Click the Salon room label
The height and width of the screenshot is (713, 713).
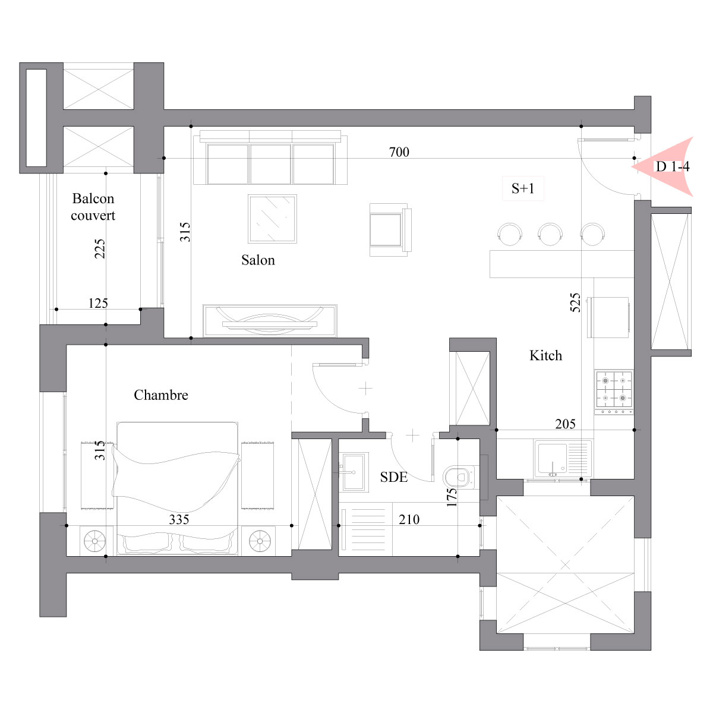(x=258, y=260)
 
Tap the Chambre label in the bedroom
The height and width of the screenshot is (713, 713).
(x=161, y=395)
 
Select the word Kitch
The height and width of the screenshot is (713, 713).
(x=545, y=355)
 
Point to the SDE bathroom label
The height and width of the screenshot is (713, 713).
(x=394, y=477)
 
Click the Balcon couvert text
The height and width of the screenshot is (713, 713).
(x=93, y=207)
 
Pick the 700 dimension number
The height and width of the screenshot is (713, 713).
(x=399, y=152)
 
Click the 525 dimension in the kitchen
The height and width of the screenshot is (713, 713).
(x=575, y=302)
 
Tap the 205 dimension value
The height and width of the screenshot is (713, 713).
(x=565, y=424)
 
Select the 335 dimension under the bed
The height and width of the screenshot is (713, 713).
(x=179, y=519)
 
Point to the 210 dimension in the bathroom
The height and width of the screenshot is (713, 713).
(x=409, y=519)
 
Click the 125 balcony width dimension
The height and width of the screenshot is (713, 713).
(x=98, y=304)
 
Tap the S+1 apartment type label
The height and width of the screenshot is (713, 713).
(x=523, y=188)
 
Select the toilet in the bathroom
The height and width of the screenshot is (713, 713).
(x=460, y=477)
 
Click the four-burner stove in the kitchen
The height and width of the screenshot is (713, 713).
(x=614, y=392)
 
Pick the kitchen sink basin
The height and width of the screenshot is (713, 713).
(x=553, y=459)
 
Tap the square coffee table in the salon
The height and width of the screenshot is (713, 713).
(x=272, y=219)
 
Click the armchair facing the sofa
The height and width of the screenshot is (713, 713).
(x=390, y=230)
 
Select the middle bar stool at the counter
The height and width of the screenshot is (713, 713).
(x=550, y=234)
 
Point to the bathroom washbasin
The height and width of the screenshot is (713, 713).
(x=354, y=472)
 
